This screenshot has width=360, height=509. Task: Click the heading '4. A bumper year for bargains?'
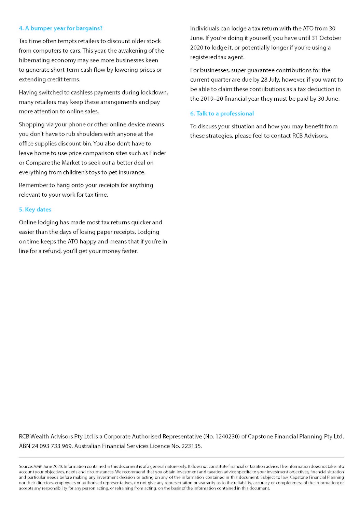(60, 28)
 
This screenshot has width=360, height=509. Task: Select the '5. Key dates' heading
(35, 210)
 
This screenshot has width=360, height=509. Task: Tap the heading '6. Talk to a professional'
(222, 114)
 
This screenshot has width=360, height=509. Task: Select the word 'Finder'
(157, 153)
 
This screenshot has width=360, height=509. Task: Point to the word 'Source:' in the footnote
(26, 466)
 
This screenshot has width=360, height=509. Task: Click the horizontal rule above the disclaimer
(181, 457)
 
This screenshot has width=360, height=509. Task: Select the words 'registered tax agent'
(217, 57)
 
